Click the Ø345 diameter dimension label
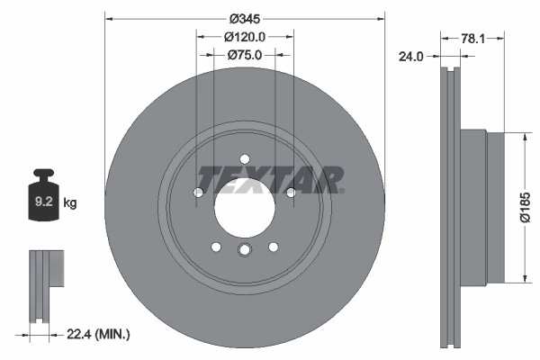click(x=245, y=19)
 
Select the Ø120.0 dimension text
click(x=245, y=37)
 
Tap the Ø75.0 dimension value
click(x=245, y=55)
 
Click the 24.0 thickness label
click(x=411, y=56)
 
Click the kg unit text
click(x=69, y=203)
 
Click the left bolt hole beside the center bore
click(x=199, y=192)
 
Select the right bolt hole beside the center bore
click(x=291, y=192)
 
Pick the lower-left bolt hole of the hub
click(x=216, y=247)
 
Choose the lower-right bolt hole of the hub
click(x=274, y=247)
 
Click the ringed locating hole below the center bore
click(x=245, y=252)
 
